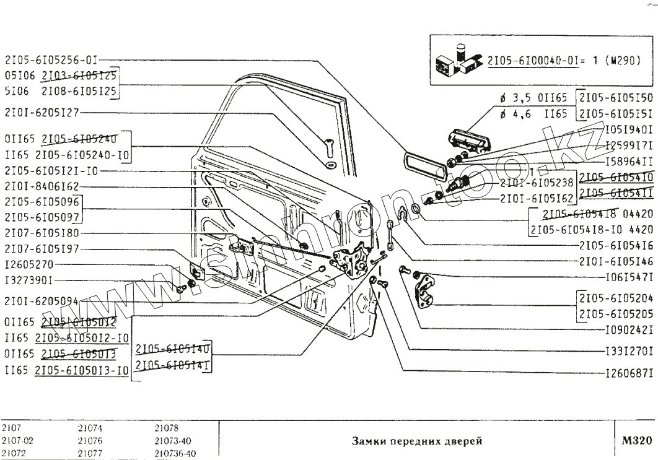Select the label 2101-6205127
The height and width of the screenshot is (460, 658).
point(42,113)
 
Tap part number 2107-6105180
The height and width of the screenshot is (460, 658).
point(42,233)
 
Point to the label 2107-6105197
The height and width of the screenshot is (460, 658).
point(42,250)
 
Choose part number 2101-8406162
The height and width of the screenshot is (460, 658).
point(42,185)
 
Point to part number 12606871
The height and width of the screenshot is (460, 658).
point(628,374)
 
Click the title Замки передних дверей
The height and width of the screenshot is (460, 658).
point(416,441)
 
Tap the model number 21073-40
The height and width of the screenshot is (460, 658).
point(170,441)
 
